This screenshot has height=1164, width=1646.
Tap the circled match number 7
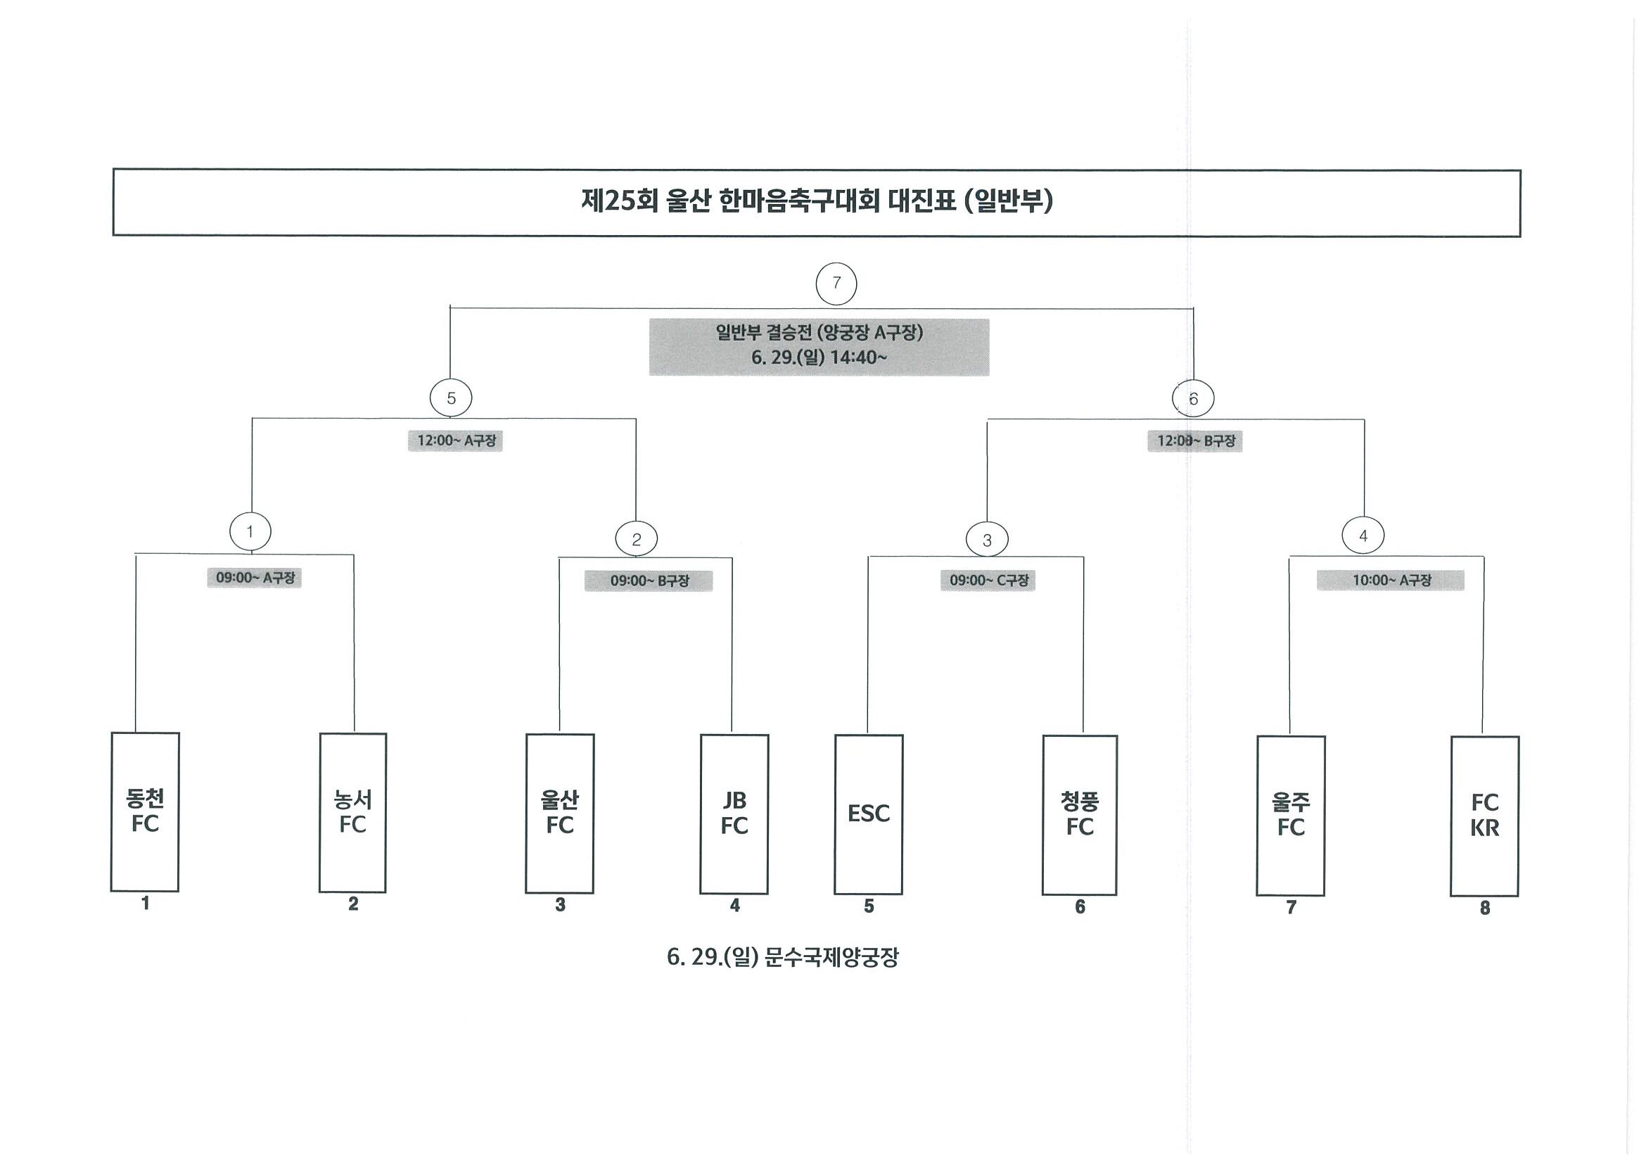[x=836, y=284]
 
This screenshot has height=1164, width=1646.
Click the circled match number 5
[x=451, y=398]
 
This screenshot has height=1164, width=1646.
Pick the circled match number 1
[x=250, y=531]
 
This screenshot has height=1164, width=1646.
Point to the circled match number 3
[x=987, y=540]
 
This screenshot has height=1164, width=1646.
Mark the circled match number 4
[x=1363, y=535]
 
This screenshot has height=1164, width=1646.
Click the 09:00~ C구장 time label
[x=988, y=580]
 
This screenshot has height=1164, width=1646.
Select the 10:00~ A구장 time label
[x=1391, y=580]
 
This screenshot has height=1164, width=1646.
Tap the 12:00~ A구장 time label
[x=456, y=441]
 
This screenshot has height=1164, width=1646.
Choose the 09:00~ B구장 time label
[x=649, y=581]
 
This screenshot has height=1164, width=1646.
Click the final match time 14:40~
[x=858, y=358]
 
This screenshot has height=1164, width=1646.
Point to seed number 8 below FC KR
[x=1485, y=908]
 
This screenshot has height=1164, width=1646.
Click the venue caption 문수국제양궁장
[x=831, y=957]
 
